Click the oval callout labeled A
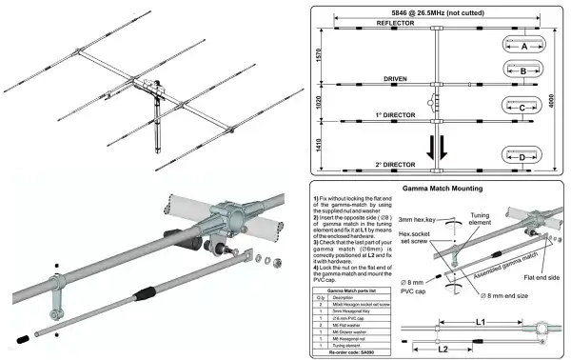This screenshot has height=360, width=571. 523,44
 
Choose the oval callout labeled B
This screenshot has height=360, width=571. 523,70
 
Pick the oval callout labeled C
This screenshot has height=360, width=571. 523,109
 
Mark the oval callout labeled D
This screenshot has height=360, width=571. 523,156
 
